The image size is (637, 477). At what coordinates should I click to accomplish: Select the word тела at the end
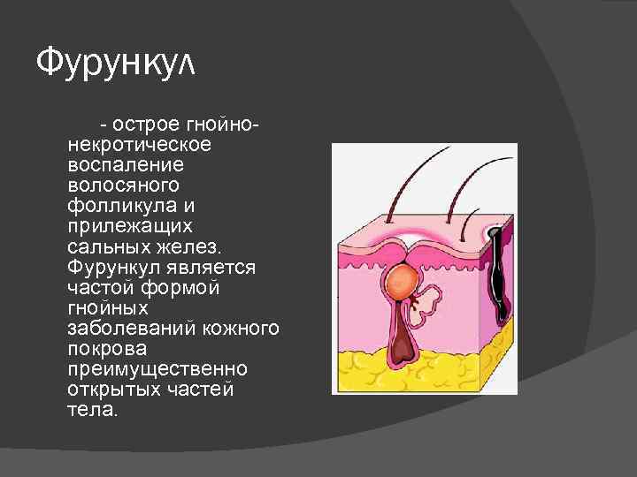click(x=89, y=410)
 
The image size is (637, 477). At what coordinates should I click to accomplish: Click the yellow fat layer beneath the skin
click(x=442, y=371)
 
